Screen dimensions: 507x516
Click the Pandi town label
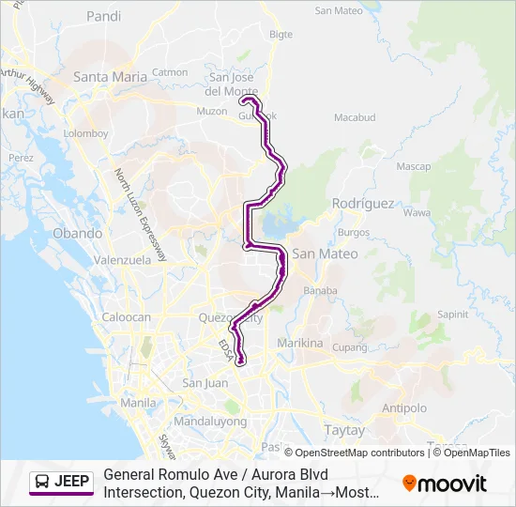[103, 16]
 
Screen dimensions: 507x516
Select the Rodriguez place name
[363, 204]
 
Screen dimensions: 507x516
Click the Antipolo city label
[404, 407]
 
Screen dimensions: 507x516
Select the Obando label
[77, 233]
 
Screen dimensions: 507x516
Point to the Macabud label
[355, 118]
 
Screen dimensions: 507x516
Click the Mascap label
[413, 166]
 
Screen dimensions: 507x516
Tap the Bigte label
[281, 35]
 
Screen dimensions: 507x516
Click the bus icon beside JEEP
[43, 483]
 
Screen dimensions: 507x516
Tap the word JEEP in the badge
[72, 483]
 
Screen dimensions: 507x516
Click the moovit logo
[445, 484]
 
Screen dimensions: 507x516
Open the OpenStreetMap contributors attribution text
[359, 453]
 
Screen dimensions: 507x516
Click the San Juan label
[205, 383]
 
